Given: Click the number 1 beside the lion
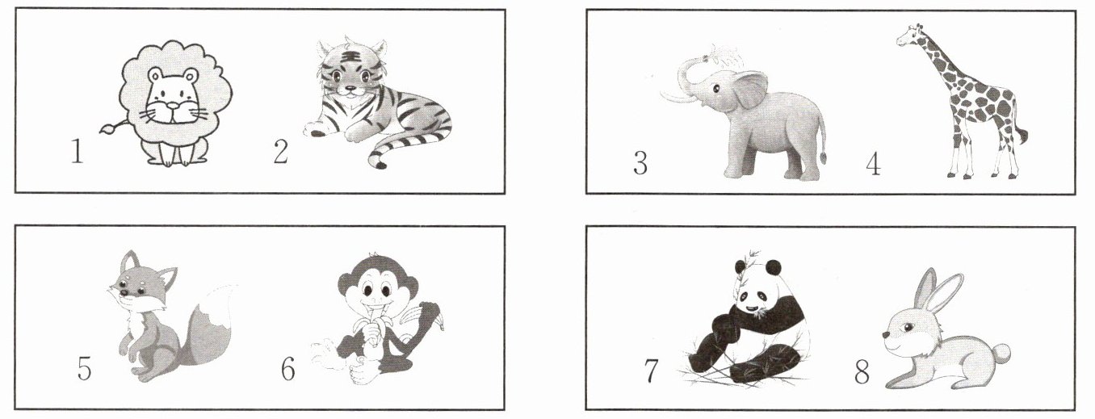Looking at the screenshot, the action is (78, 151).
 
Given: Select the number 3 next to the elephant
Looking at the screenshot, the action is (640, 163).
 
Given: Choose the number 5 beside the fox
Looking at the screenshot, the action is (84, 368).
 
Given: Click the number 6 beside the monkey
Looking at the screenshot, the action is (288, 368).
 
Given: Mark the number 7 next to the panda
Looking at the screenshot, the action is (651, 371).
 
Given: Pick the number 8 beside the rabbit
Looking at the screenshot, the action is (862, 371).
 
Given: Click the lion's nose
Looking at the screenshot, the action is (173, 106).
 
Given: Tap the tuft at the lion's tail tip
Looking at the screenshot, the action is (107, 129).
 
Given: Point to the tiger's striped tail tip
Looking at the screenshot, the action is (377, 161).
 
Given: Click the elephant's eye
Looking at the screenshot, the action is (715, 89).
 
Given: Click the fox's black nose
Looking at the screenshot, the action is (124, 293).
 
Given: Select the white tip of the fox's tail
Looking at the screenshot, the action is (221, 305).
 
